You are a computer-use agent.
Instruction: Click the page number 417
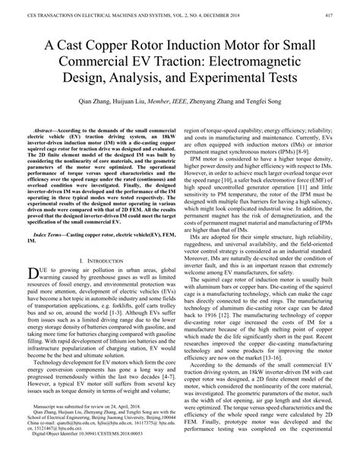[345, 6]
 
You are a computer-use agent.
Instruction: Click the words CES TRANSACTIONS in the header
[38, 6]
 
